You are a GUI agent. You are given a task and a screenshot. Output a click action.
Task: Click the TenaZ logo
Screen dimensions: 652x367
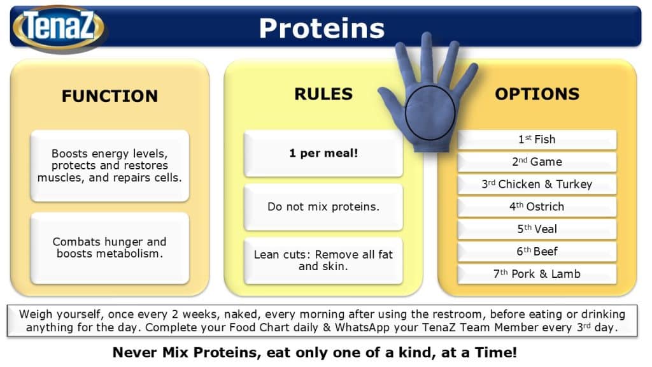(59, 27)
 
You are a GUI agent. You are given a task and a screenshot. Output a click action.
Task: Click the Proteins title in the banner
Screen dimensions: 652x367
(322, 28)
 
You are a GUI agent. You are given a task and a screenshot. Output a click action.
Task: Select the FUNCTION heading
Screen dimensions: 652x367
(110, 96)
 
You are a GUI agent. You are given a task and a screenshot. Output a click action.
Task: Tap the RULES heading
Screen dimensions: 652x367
(323, 94)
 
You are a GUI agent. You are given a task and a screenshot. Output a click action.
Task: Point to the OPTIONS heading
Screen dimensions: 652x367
(537, 94)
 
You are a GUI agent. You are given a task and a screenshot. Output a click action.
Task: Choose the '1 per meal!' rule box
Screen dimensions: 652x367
(323, 153)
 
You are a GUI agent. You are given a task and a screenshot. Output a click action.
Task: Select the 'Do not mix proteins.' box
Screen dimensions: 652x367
(323, 207)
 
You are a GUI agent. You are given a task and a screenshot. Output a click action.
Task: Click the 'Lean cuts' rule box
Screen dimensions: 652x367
(323, 261)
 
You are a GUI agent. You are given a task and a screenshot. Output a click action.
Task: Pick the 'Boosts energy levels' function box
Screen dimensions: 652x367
(110, 166)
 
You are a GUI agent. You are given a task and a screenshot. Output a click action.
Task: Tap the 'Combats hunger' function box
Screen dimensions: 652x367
(110, 248)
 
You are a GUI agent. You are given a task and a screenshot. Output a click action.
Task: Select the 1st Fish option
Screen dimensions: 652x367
(537, 140)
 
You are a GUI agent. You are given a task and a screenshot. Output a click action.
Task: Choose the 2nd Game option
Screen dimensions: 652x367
(537, 162)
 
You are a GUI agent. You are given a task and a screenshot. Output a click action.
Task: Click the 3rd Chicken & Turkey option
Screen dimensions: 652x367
(537, 184)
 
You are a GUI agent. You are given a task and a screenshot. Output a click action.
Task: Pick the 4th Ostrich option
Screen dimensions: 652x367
(537, 207)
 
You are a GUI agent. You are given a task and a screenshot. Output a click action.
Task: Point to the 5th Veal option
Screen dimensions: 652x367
(537, 229)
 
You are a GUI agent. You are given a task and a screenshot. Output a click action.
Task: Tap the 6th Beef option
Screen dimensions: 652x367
(537, 252)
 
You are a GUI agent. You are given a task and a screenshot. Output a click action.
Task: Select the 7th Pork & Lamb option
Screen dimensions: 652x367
(537, 274)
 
